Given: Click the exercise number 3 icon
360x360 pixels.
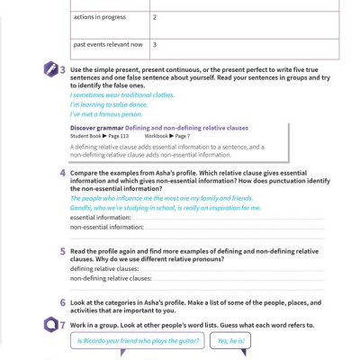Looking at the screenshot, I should (58, 69).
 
